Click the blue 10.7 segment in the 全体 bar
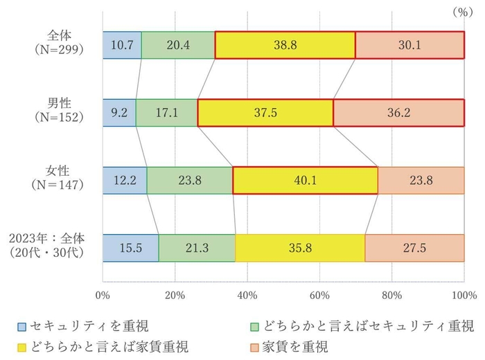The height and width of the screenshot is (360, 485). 122,45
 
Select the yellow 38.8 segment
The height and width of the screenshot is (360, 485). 285,45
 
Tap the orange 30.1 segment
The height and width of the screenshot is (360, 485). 409,45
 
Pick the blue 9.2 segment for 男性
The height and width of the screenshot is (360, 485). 119,113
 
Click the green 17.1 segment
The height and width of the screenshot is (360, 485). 167,113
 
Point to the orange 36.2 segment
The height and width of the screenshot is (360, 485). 398,113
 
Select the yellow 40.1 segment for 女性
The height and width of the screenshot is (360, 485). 305,180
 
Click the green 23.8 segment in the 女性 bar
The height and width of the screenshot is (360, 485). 190,180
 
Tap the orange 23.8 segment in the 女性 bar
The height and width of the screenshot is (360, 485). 421,180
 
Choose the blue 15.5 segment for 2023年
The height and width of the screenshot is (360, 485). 130,248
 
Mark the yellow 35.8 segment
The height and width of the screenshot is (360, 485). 300,248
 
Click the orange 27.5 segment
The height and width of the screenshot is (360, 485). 414,248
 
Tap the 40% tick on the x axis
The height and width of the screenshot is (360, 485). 247,296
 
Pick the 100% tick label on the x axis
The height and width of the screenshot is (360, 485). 463,296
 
